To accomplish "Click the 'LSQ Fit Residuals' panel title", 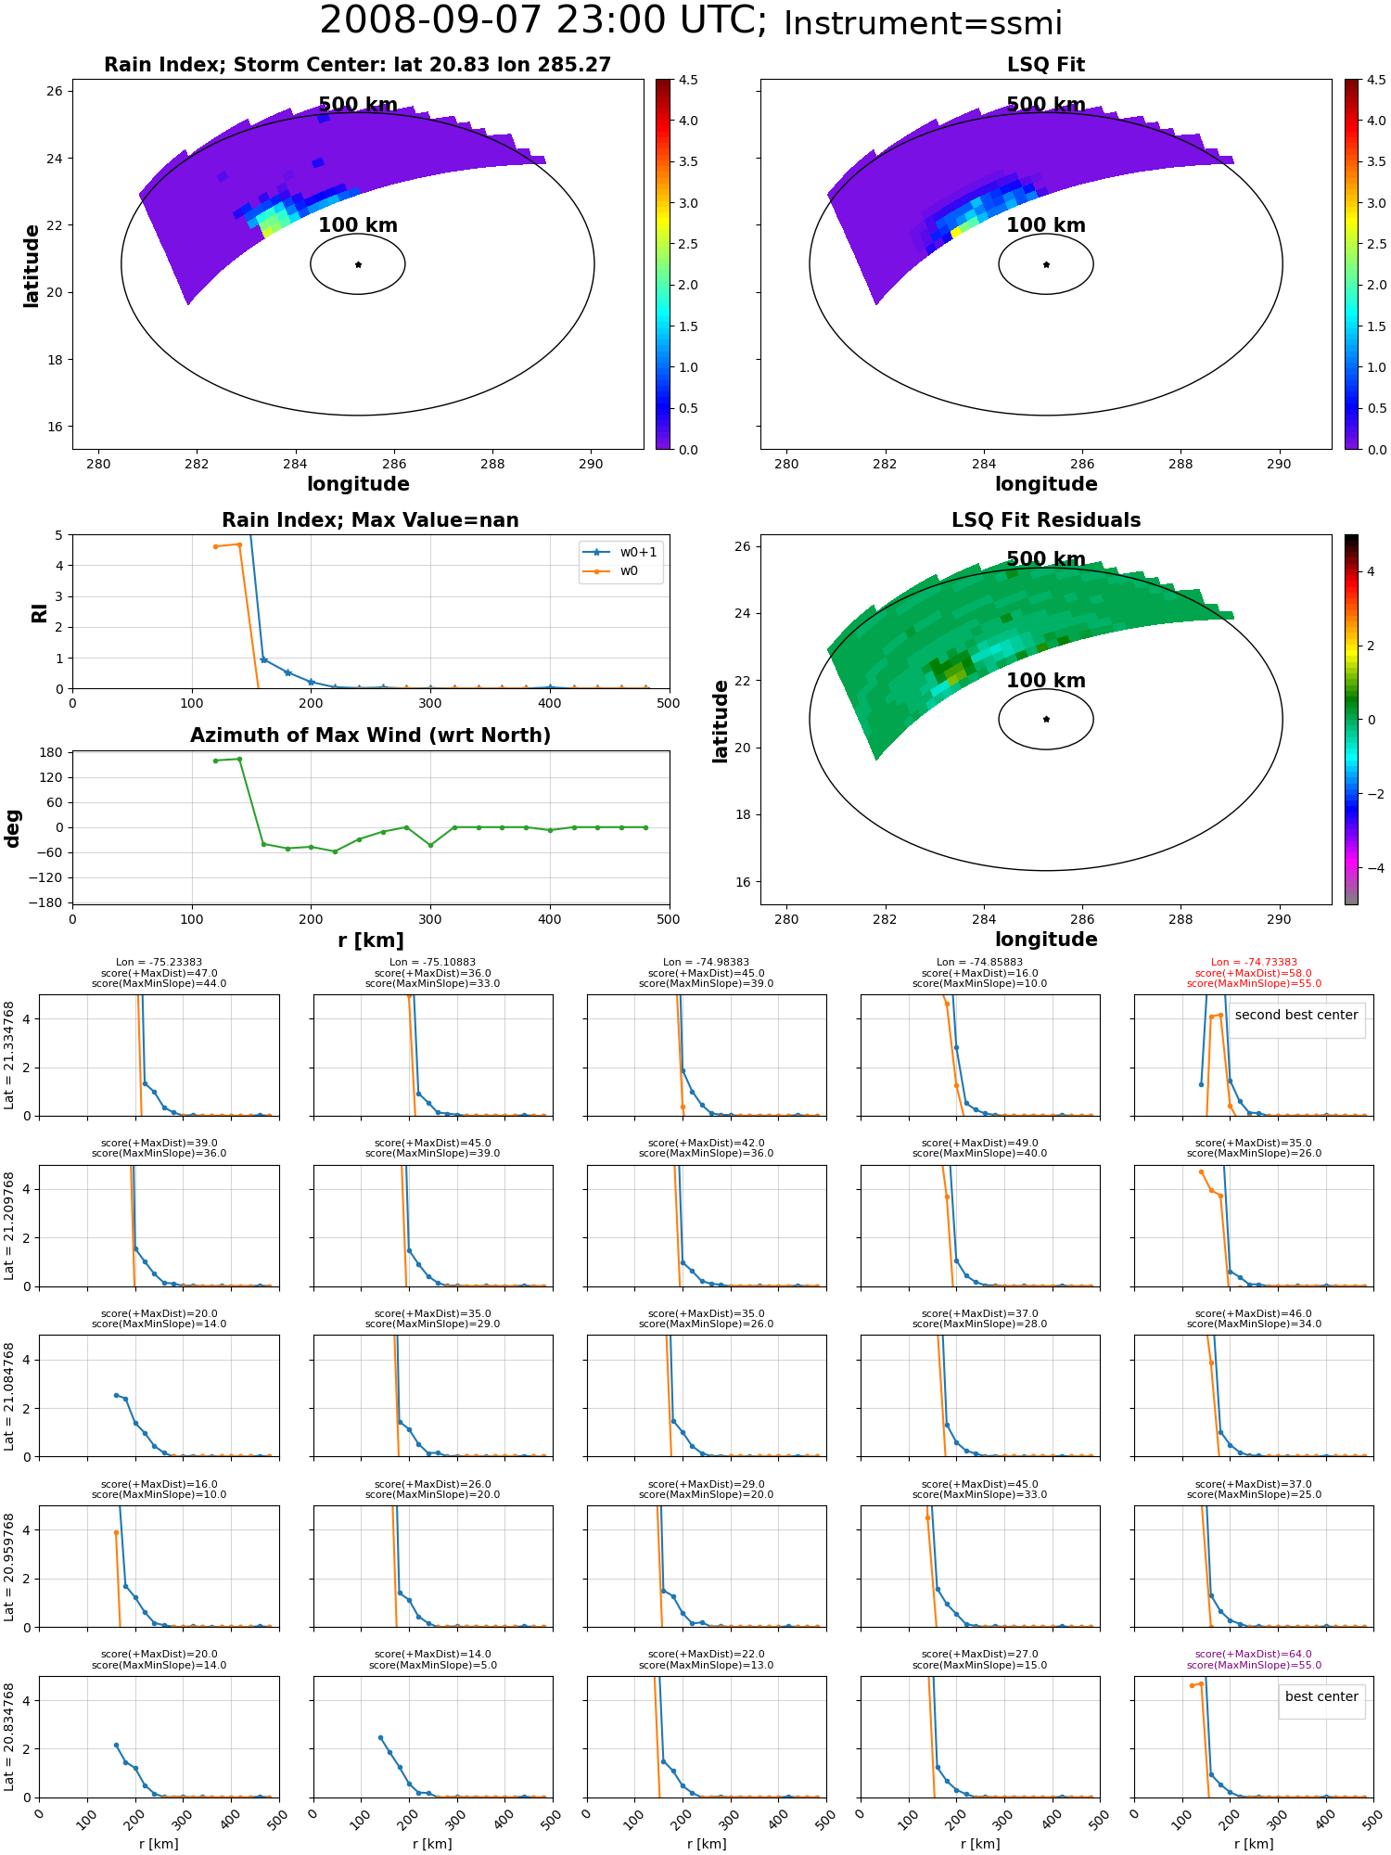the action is (1046, 520).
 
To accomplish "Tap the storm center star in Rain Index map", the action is (358, 264).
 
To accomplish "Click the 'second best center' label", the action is (1296, 1015).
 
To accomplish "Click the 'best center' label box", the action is (1321, 1696).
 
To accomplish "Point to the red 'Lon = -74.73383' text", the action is (1254, 963).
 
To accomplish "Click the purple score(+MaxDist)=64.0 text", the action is (1254, 1655).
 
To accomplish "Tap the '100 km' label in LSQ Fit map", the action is (1046, 225).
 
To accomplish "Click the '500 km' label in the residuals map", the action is (1046, 559).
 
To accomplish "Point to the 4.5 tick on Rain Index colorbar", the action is (688, 80).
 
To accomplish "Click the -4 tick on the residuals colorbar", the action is (1371, 868).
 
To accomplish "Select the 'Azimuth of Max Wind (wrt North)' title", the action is (370, 736).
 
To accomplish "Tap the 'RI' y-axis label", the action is (40, 612).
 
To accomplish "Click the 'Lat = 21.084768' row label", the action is (9, 1396).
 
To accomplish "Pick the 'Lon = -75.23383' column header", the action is (159, 963).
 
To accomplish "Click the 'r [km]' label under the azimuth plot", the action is (370, 940).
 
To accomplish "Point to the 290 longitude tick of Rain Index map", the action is (591, 464).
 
